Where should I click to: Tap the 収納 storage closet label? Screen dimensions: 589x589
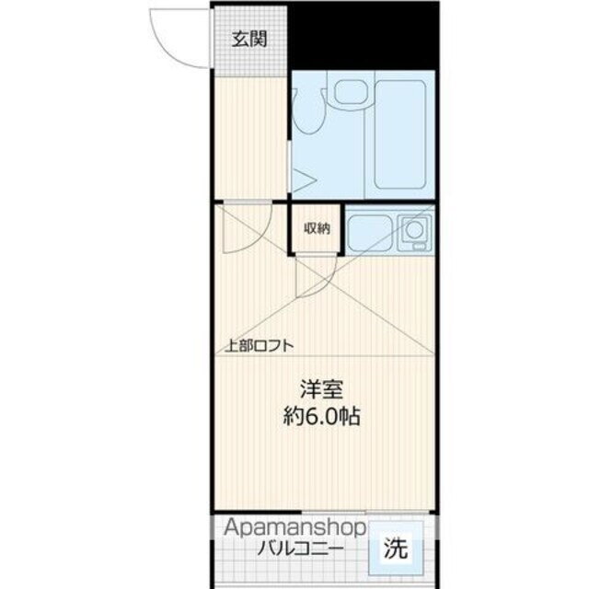pos(318,228)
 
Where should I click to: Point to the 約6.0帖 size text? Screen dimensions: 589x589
pos(320,416)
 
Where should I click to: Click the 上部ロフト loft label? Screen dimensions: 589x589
pos(260,346)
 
